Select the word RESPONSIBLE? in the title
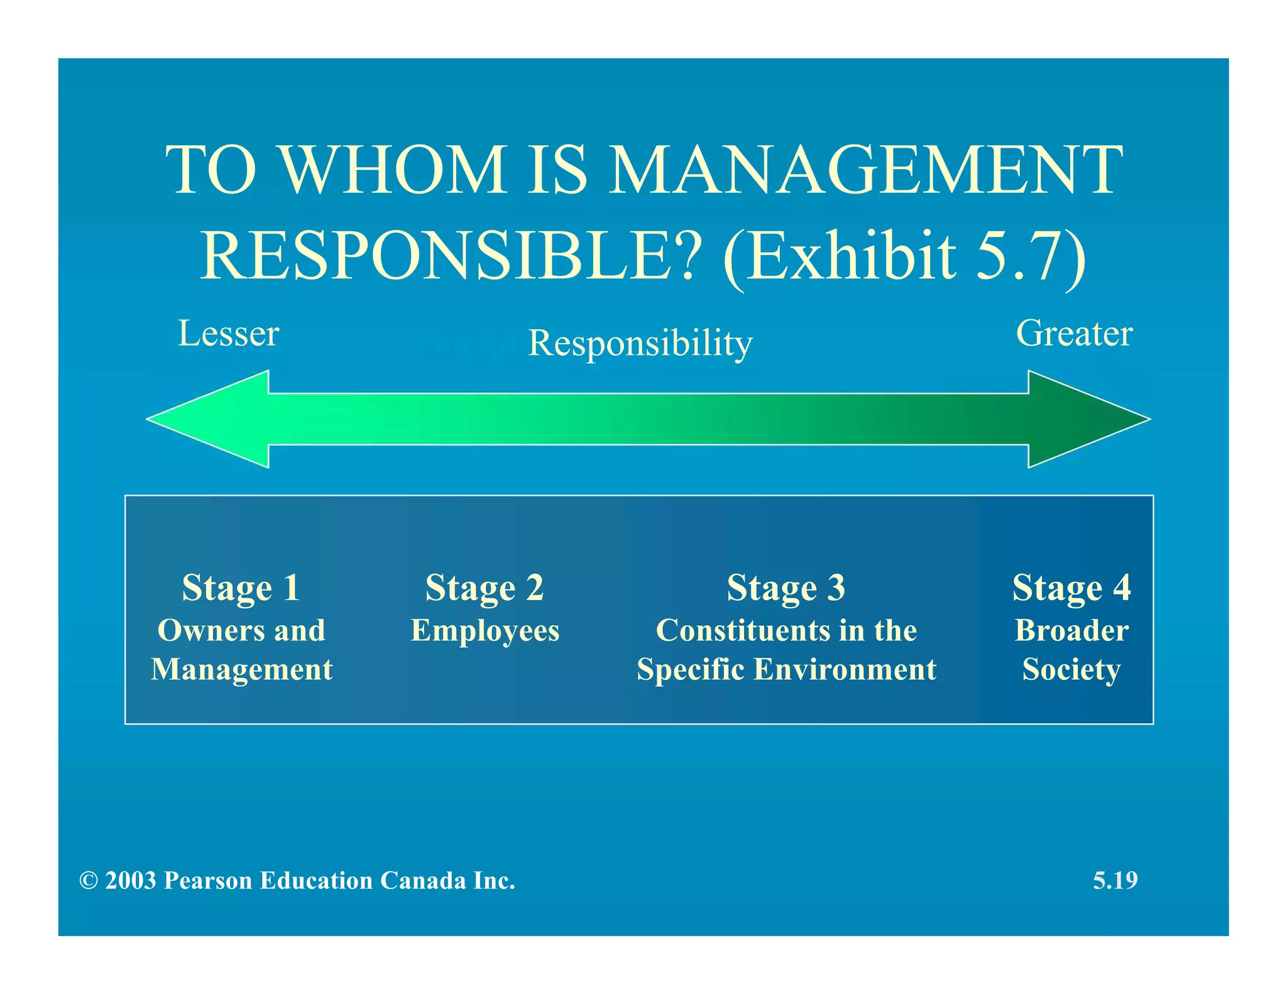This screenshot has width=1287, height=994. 450,256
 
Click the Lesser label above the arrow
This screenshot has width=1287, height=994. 228,333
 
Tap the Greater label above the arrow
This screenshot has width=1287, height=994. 1074,333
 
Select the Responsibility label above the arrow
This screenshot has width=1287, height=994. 640,343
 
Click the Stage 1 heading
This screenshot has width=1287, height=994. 241,588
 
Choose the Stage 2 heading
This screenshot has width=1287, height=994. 485,588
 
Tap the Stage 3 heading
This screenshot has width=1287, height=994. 786,588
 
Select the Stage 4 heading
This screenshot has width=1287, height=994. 1071,588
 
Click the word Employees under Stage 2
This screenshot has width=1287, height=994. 485,631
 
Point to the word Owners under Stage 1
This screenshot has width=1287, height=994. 206,630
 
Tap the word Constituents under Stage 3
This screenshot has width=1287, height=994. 742,630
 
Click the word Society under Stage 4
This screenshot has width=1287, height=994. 1071,670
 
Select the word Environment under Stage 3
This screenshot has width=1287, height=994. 845,669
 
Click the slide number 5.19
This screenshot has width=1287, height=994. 1115,880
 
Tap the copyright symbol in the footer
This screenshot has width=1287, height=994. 89,881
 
